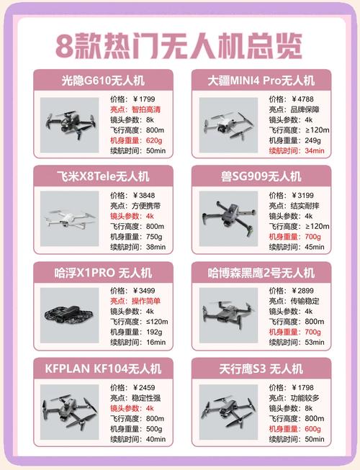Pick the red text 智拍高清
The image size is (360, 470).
tap(147, 109)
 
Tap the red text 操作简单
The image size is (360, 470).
tap(147, 301)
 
